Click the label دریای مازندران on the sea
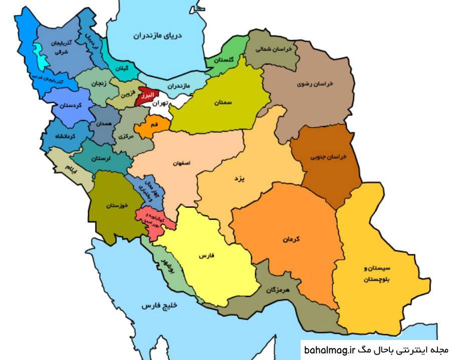pos(157,36)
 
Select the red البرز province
pos(147,96)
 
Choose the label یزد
pos(239,178)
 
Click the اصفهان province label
pos(182,164)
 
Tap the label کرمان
pos(290,239)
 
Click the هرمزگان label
pos(279,290)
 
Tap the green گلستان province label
pos(224,60)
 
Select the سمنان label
pos(223,102)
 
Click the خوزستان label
pos(117,205)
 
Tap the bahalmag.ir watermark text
pos(329,350)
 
